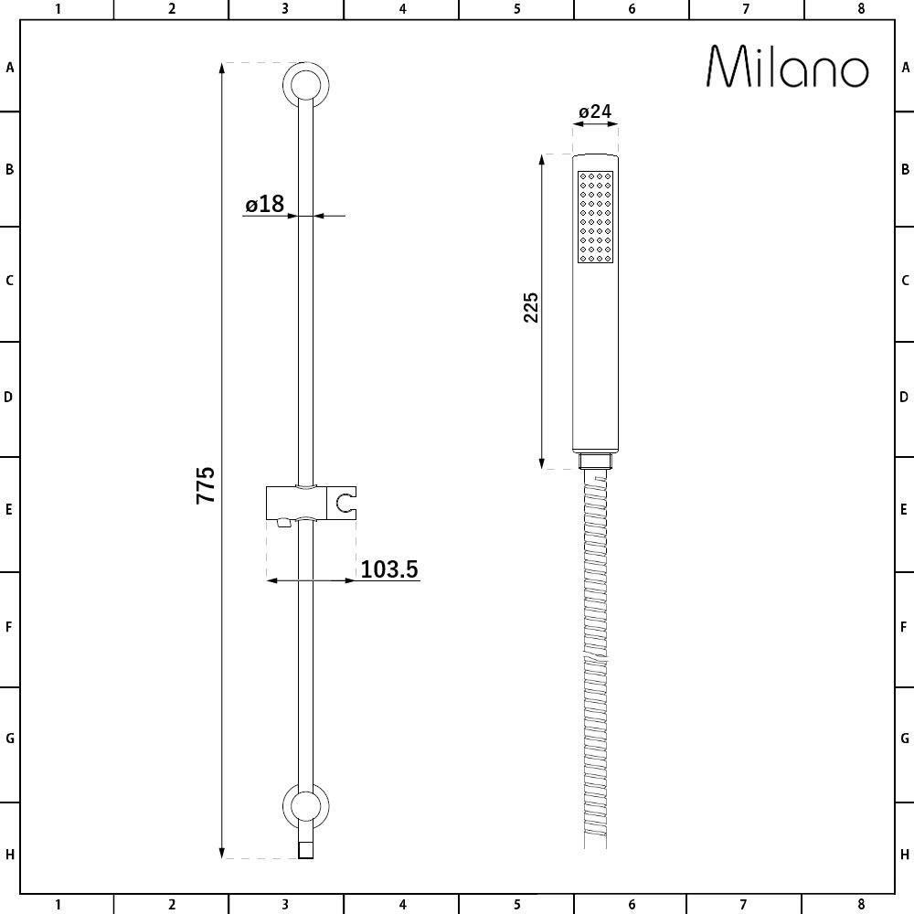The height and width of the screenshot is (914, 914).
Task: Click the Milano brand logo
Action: point(788,68)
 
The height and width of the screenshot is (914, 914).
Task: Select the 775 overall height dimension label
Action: point(206,484)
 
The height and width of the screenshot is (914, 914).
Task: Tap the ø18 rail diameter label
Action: point(265,204)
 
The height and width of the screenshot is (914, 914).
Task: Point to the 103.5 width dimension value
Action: point(388,569)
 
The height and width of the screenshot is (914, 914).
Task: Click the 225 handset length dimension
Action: point(531,308)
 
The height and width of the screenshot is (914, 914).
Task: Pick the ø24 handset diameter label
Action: point(595,112)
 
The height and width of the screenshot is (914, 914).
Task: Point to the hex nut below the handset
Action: point(595,462)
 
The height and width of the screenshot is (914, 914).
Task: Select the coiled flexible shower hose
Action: point(595,658)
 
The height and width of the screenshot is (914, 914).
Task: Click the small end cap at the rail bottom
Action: point(306,850)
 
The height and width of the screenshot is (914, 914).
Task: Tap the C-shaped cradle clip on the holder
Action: point(345,502)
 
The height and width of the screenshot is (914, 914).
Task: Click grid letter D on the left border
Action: point(9,398)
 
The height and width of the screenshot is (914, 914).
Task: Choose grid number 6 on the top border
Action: point(632,9)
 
